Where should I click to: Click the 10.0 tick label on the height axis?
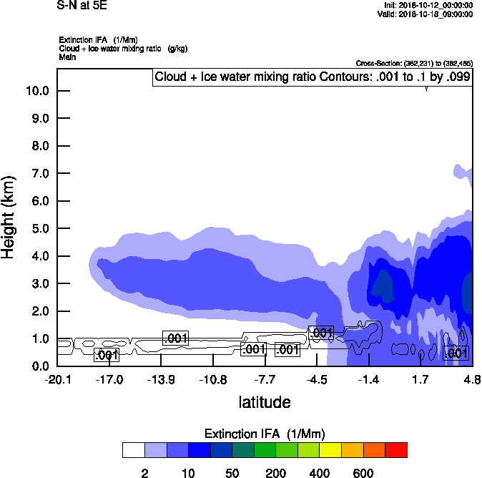tap(37, 91)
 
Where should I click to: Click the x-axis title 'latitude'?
tap(264, 402)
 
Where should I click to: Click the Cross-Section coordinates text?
tap(414, 63)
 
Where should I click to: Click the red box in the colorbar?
tap(396, 450)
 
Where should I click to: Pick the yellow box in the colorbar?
tap(330, 450)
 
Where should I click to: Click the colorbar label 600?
tap(363, 473)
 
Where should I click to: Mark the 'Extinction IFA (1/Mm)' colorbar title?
tap(264, 434)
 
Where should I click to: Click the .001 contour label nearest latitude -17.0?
tap(107, 355)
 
